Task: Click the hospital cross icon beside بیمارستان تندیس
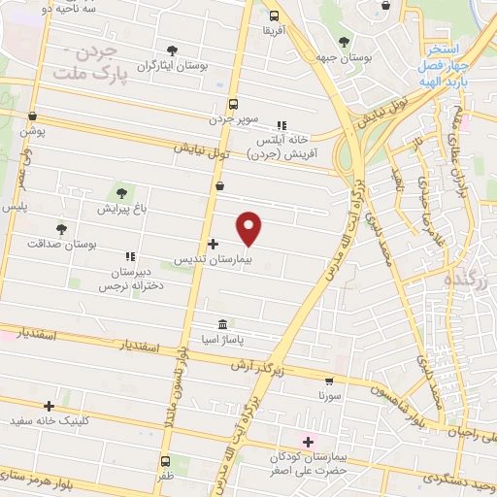[x=213, y=243]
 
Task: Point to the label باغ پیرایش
[x=120, y=208]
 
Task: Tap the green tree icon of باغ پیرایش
[x=122, y=190]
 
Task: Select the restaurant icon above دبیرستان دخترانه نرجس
[x=129, y=256]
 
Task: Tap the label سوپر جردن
[x=235, y=119]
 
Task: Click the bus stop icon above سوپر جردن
[x=232, y=104]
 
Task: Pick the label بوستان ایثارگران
[x=172, y=66]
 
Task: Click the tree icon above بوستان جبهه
[x=344, y=41]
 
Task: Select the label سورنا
[x=329, y=397]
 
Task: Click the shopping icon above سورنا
[x=330, y=381]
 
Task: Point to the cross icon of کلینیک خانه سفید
[x=49, y=406]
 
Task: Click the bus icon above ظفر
[x=165, y=461]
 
